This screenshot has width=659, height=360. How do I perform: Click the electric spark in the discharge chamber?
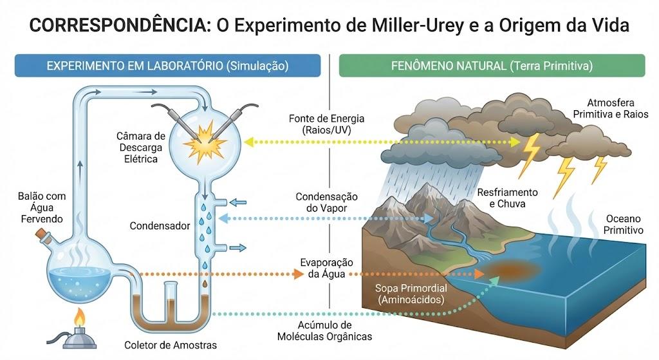[x=205, y=142]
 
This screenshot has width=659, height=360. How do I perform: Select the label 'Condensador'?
[x=160, y=226]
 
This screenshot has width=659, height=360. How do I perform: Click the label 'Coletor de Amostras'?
[x=171, y=345]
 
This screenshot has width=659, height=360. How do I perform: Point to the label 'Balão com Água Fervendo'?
[x=42, y=207]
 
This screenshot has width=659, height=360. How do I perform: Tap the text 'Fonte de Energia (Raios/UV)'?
[x=326, y=124]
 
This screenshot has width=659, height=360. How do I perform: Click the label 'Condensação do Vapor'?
[x=326, y=202]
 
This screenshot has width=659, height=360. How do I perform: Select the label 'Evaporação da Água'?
[x=326, y=269]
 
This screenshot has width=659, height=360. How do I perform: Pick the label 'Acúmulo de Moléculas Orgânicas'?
[x=324, y=330]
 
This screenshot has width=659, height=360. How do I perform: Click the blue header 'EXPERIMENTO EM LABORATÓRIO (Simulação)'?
[x=168, y=66]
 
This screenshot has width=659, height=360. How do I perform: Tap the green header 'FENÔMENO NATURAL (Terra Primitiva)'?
[x=492, y=66]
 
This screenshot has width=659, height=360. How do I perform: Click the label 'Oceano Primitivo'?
[x=623, y=224]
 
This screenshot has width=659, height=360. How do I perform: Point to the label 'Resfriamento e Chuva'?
[x=507, y=198]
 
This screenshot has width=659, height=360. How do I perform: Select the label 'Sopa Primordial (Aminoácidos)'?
[x=411, y=294]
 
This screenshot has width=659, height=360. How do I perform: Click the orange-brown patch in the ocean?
[x=508, y=270]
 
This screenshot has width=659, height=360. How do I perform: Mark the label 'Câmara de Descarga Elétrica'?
[x=141, y=147]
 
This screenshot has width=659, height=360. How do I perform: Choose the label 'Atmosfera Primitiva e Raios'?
[x=611, y=108]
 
